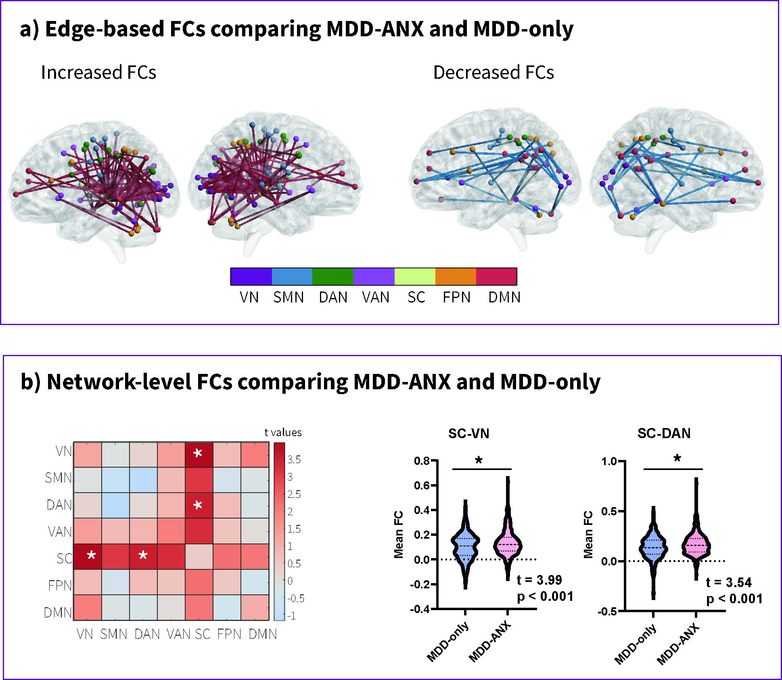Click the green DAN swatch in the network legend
coord(332,277)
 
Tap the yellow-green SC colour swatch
coord(414,277)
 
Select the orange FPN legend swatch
coord(456,277)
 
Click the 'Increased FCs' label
coord(98,73)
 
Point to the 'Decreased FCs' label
coord(493,73)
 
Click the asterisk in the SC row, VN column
coord(92,555)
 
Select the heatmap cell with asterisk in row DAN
coord(198,505)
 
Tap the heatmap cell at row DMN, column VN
coord(88,607)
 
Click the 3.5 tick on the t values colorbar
coord(294,460)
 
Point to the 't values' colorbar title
coord(283,432)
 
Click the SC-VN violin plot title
coord(468,434)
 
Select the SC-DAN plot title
coord(664,433)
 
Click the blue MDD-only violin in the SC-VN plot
coord(465,545)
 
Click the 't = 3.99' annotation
coord(539,580)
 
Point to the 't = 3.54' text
coord(729,583)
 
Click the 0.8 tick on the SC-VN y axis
coord(422,461)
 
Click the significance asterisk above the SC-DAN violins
coord(677,458)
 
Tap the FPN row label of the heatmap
coord(60,586)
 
